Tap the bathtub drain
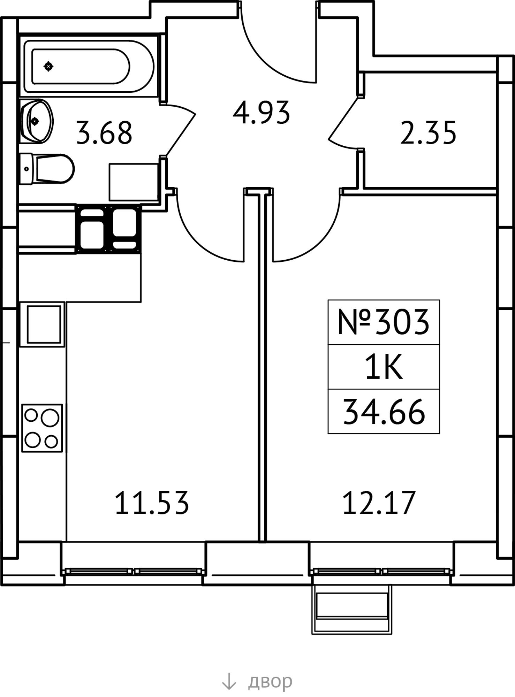(48, 66)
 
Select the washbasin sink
(37, 121)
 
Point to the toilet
(47, 169)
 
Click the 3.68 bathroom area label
(104, 133)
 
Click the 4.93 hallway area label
(262, 113)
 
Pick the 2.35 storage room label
(428, 133)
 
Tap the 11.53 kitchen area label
(152, 503)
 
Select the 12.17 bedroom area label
(379, 503)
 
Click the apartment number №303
(384, 322)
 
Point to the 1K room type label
(384, 367)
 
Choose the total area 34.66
(384, 412)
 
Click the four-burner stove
(42, 428)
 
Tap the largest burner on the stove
(50, 418)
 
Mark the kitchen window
(133, 572)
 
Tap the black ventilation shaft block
(108, 229)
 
